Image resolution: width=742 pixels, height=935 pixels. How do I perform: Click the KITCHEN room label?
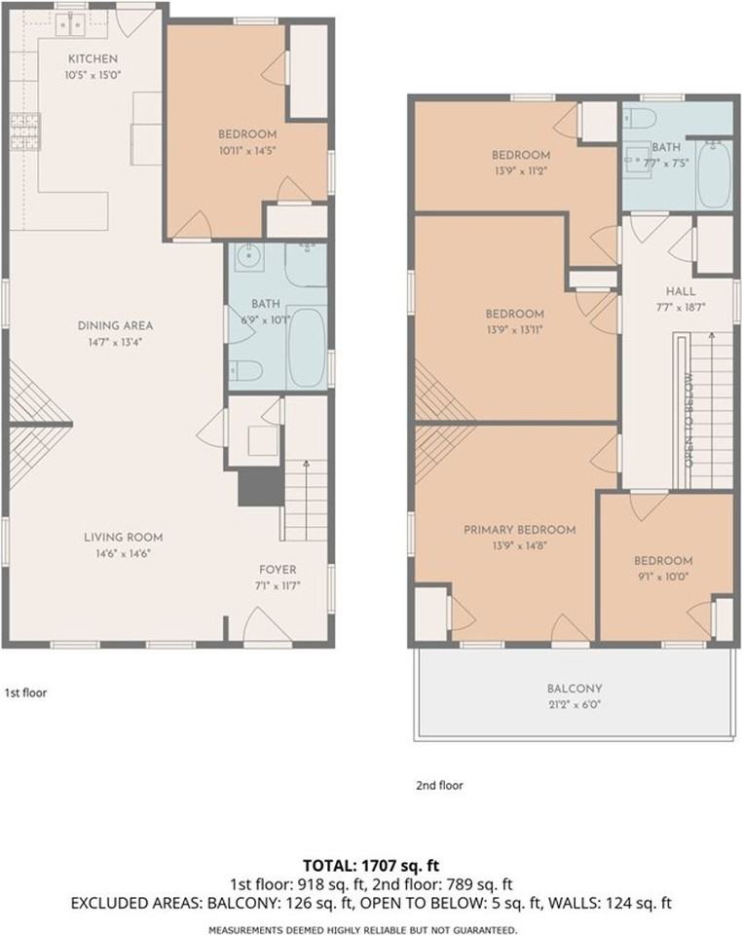93,58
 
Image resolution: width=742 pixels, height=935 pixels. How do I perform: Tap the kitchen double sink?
72,25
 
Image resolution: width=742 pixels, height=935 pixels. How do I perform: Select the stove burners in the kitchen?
25,131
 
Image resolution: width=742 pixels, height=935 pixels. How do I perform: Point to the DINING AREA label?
115,325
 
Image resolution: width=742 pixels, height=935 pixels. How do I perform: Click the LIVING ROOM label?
123,538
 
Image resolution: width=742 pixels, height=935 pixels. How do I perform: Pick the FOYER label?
278,570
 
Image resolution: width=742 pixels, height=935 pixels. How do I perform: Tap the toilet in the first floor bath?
246,370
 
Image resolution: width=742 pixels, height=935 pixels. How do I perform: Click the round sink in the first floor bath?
245,257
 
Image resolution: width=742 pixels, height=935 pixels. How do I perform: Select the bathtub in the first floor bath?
307,347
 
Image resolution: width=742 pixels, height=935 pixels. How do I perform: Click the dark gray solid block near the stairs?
260,487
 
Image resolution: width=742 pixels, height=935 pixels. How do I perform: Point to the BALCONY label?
575,689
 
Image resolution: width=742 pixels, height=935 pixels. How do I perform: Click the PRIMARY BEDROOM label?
520,530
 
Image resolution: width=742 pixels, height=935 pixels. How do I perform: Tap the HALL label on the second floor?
680,291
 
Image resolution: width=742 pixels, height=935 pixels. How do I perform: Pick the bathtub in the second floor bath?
714,174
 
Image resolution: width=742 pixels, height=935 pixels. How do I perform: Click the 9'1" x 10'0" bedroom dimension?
662,578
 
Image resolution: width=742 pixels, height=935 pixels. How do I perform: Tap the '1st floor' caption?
25,692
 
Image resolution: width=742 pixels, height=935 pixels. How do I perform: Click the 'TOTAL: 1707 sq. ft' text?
371,865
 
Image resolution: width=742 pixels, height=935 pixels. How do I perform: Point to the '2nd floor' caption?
439,785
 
